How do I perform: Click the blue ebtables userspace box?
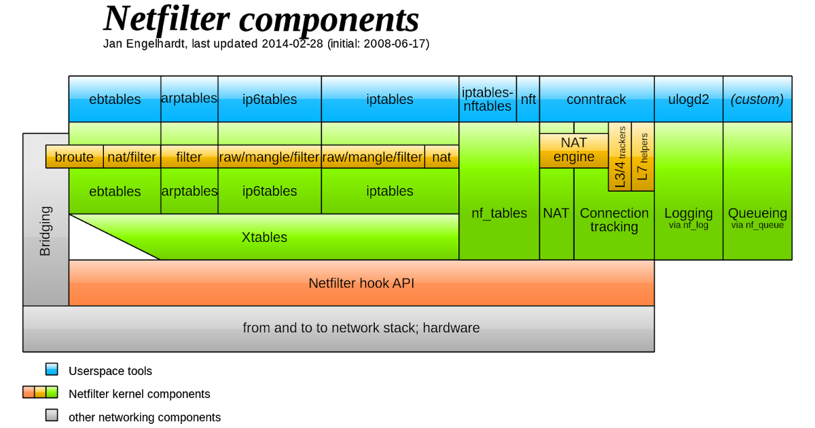tap(115, 99)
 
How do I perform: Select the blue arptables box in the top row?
tap(189, 99)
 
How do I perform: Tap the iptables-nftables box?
tap(486, 99)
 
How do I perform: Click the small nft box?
tap(528, 99)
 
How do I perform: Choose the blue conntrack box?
tap(596, 99)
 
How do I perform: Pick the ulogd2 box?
tap(688, 99)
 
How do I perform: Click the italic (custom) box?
tap(757, 99)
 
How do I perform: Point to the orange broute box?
tap(74, 157)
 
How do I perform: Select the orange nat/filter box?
tap(132, 157)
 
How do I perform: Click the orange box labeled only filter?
tap(189, 157)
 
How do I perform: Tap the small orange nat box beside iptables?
tap(441, 157)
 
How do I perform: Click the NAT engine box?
tap(573, 150)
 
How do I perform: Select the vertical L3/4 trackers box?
tap(619, 157)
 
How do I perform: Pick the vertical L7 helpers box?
tap(642, 157)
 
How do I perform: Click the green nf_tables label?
tap(499, 213)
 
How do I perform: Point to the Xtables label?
tap(264, 237)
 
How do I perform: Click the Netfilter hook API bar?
tap(361, 283)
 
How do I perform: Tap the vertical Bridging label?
tap(46, 231)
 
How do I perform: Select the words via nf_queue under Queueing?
tap(757, 225)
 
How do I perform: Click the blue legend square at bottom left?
tap(52, 369)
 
